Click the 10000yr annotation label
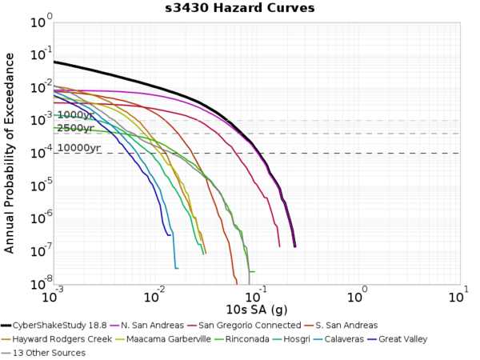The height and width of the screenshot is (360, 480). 78,148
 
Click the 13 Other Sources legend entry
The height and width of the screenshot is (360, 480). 49,353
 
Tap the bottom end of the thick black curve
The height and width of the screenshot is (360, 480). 294,246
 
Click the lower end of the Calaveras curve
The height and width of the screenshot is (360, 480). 176,268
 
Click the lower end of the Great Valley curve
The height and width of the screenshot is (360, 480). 169,234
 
